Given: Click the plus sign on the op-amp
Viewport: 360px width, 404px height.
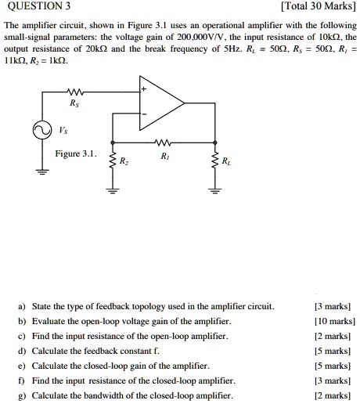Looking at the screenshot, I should [x=144, y=91].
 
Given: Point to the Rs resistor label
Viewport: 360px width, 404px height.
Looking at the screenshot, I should [x=74, y=102].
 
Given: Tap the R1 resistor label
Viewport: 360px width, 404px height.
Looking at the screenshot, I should [x=164, y=157].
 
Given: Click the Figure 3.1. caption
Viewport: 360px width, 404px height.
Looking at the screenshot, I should [x=76, y=153].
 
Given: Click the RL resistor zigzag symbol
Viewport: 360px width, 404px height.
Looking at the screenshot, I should [x=213, y=161].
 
